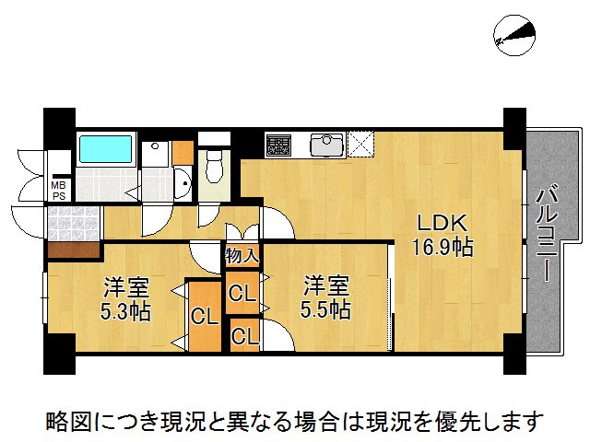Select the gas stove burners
tap(279, 144)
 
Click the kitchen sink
tap(327, 145)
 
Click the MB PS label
tap(58, 189)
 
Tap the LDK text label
tap(442, 224)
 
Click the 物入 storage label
tap(242, 250)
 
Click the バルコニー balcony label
tap(544, 235)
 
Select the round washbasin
tap(182, 185)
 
